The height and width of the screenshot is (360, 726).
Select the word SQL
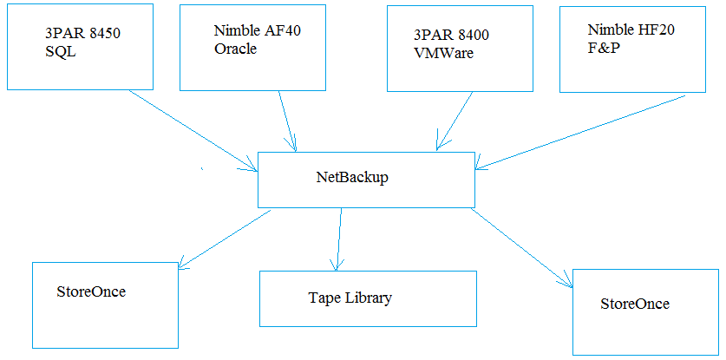(58, 52)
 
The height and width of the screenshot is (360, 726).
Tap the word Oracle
(235, 49)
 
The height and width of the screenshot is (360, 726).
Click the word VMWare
(443, 53)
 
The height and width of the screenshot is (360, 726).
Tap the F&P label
(601, 49)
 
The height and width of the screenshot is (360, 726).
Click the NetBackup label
(352, 178)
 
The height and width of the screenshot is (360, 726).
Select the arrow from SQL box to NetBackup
(193, 131)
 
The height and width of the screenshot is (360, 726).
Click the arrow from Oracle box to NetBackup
(287, 121)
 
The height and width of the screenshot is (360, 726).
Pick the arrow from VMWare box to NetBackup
(454, 121)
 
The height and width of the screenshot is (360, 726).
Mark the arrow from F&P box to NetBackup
(580, 133)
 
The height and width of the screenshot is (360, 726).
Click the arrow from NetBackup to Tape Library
(338, 239)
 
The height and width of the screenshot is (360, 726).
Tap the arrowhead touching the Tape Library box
(337, 265)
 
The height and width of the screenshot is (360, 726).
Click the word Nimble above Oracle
(236, 31)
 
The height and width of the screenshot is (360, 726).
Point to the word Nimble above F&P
(609, 30)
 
